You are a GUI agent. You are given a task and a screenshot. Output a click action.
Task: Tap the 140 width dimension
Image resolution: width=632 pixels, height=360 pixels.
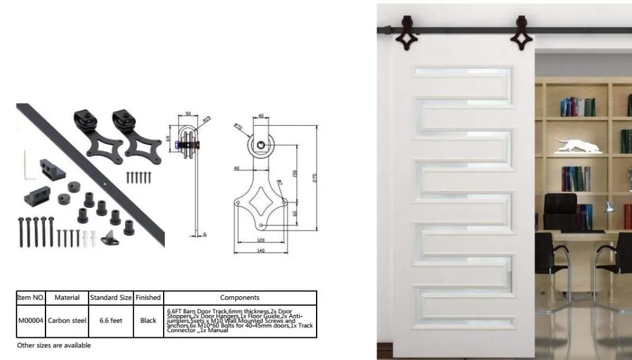[261, 251]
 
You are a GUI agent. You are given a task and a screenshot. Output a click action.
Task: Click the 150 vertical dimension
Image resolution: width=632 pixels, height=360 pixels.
[295, 172]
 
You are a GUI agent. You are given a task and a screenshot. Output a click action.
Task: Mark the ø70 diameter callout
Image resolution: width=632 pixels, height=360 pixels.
[238, 127]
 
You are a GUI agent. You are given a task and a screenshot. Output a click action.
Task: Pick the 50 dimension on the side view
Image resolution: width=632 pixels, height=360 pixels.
[188, 114]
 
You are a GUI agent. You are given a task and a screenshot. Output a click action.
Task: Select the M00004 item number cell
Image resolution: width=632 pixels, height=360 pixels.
[30, 320]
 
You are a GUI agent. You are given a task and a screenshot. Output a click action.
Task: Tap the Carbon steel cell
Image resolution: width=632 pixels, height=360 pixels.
[66, 320]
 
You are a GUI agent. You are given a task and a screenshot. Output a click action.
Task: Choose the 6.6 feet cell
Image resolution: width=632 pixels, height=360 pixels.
[111, 320]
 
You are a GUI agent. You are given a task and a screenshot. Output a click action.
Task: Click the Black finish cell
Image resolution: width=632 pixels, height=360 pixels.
[148, 320]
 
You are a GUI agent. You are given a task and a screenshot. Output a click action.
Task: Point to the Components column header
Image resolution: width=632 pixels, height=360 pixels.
[240, 297]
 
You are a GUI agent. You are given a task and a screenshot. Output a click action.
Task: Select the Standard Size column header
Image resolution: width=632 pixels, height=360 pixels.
[111, 297]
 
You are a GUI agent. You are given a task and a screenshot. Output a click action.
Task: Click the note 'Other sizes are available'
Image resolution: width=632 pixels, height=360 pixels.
[54, 345]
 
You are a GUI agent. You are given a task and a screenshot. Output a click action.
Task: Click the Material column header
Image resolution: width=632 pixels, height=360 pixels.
[66, 297]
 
